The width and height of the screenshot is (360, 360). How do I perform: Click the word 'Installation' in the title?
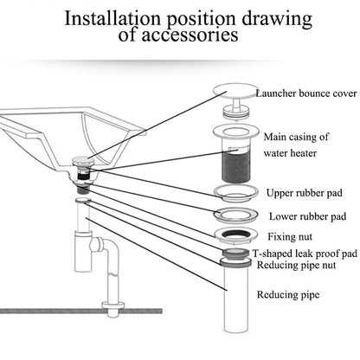112,18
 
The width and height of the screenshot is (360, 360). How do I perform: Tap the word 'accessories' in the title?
190,35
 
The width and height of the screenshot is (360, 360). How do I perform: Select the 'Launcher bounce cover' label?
306,93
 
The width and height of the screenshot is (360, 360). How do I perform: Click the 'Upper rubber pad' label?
305,193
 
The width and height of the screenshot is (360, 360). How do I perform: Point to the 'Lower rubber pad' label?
307,216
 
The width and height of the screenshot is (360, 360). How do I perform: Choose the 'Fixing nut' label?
290,236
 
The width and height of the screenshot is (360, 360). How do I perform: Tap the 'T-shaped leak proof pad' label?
305,254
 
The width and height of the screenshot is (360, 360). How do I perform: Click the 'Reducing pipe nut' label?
296,265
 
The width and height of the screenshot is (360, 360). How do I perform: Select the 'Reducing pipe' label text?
288,294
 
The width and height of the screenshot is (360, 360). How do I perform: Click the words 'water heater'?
290,153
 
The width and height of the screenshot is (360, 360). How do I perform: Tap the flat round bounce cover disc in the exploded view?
235,91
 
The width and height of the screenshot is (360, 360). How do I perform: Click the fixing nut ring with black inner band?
235,235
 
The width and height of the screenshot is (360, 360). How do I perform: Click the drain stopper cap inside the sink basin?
82,160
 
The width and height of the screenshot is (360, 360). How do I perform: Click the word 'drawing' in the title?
277,19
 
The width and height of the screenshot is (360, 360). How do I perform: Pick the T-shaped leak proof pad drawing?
235,254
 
